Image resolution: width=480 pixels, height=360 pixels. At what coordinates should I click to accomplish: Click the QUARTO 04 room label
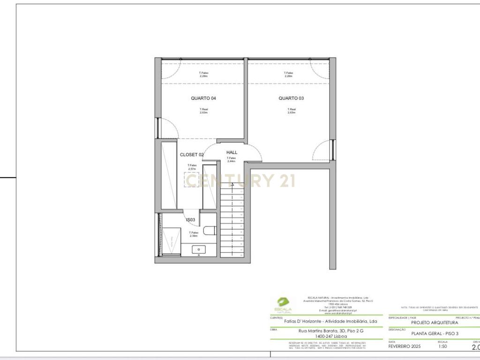pyautogui.click(x=203, y=98)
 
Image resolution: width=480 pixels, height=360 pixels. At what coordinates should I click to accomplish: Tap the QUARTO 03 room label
pyautogui.click(x=291, y=98)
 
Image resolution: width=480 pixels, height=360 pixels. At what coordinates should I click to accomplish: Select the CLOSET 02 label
pyautogui.click(x=192, y=155)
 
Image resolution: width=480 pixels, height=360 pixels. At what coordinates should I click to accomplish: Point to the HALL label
pyautogui.click(x=232, y=152)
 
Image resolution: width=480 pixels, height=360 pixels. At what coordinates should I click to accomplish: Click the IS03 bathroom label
pyautogui.click(x=190, y=219)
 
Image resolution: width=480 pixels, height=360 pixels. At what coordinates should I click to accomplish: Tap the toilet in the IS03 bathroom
pyautogui.click(x=210, y=231)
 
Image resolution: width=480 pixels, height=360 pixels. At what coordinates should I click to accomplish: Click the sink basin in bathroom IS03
pyautogui.click(x=200, y=250)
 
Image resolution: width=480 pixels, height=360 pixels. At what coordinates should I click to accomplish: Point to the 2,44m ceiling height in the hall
pyautogui.click(x=231, y=161)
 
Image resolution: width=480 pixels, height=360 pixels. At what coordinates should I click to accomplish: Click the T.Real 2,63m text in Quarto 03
pyautogui.click(x=291, y=111)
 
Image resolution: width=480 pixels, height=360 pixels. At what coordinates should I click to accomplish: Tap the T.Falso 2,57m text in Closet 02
pyautogui.click(x=192, y=167)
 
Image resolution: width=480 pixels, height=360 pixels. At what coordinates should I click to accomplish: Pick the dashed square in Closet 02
pyautogui.click(x=192, y=180)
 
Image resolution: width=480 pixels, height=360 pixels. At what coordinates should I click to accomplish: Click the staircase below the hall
pyautogui.click(x=232, y=220)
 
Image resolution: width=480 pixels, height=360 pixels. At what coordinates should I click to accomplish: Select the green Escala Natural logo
pyautogui.click(x=283, y=304)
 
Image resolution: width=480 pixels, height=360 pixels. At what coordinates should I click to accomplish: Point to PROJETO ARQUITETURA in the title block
pyautogui.click(x=435, y=322)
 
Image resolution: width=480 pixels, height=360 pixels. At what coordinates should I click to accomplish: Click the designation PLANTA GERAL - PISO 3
pyautogui.click(x=435, y=333)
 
